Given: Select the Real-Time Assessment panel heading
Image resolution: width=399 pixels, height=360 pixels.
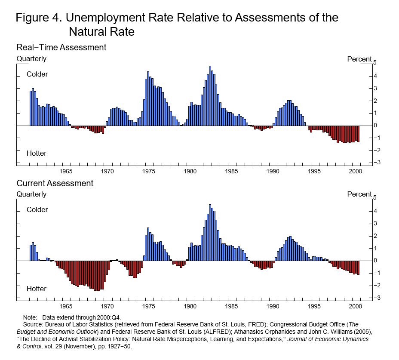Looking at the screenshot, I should tap(61, 47).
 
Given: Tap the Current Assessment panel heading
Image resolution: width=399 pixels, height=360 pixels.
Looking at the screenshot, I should tap(55, 183).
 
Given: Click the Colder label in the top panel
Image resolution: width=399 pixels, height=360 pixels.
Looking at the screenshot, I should tap(37, 74).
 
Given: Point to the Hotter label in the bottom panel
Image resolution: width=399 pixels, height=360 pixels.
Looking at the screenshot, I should tap(37, 289).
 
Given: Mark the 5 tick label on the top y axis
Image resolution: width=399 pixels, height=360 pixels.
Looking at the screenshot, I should tap(375, 63).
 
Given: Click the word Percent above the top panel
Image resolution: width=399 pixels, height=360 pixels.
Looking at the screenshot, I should tap(359, 59).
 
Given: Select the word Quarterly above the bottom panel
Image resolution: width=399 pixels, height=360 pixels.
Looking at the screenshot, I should tap(31, 194).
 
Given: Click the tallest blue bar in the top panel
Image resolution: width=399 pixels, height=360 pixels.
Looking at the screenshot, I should tap(210, 95).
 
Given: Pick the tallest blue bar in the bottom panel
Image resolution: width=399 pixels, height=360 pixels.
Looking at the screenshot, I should tap(210, 232).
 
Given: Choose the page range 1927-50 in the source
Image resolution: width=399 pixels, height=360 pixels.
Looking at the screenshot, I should tap(110, 347).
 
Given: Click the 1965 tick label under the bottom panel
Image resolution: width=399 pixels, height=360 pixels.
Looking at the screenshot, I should tap(66, 306).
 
